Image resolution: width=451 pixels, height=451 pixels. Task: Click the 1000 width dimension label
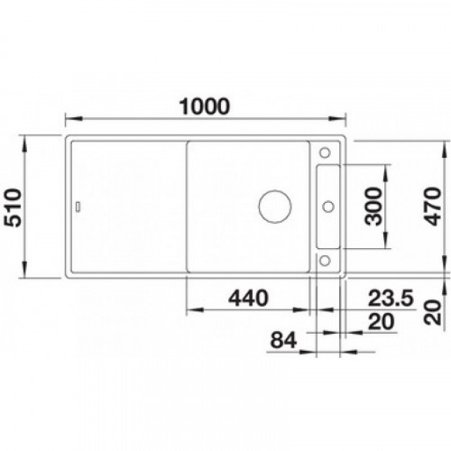click(x=204, y=106)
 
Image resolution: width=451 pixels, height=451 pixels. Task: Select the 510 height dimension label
click(x=14, y=207)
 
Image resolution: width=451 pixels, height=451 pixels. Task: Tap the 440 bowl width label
click(x=248, y=298)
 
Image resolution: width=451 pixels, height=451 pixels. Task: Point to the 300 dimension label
click(x=373, y=207)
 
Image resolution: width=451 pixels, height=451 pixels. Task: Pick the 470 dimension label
click(x=433, y=207)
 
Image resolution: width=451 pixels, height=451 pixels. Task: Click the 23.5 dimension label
click(x=391, y=298)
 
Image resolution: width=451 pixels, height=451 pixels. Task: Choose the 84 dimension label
click(x=283, y=340)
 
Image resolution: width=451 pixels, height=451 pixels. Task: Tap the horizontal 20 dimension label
click(x=382, y=322)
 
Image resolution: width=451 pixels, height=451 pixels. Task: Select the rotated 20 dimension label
click(x=433, y=312)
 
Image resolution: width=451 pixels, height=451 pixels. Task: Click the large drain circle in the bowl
click(x=275, y=207)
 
